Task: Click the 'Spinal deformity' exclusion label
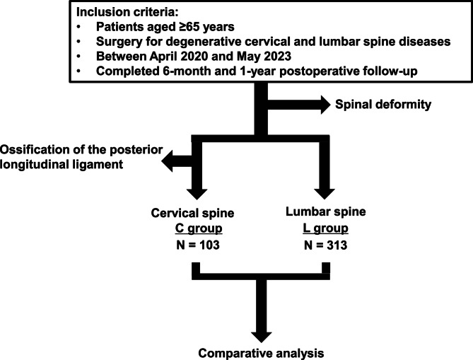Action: click(x=383, y=105)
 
